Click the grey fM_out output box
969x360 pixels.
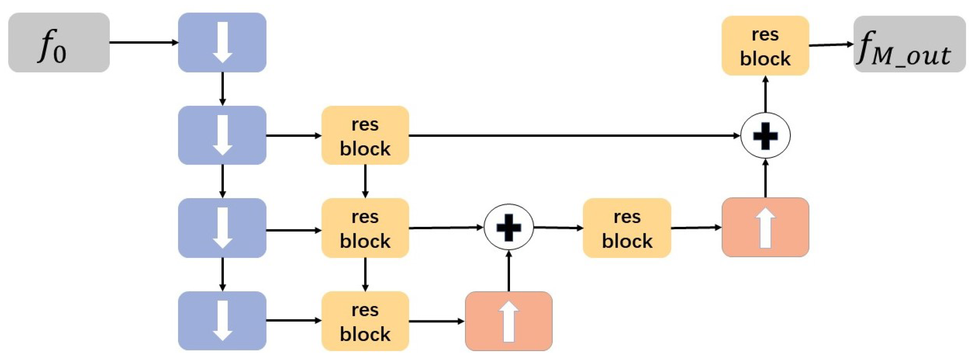coord(909,44)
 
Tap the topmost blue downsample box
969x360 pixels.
coord(222,42)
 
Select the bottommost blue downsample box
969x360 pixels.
coord(222,320)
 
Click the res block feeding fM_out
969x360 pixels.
coord(765,45)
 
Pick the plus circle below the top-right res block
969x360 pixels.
coord(765,135)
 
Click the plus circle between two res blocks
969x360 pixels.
coord(509,227)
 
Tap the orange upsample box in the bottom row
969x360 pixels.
coord(509,321)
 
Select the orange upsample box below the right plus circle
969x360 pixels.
coord(765,227)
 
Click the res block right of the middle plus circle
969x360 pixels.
coord(627,228)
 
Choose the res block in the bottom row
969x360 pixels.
coord(365,321)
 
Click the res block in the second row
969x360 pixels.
coord(365,135)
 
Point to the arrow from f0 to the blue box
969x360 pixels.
coord(143,42)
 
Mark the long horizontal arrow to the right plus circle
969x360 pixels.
coord(572,135)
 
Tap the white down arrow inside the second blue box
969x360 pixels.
coord(223,135)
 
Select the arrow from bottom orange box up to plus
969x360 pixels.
coord(509,271)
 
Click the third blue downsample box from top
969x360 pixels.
coord(222,228)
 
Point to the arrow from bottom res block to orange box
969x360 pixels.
coord(436,321)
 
